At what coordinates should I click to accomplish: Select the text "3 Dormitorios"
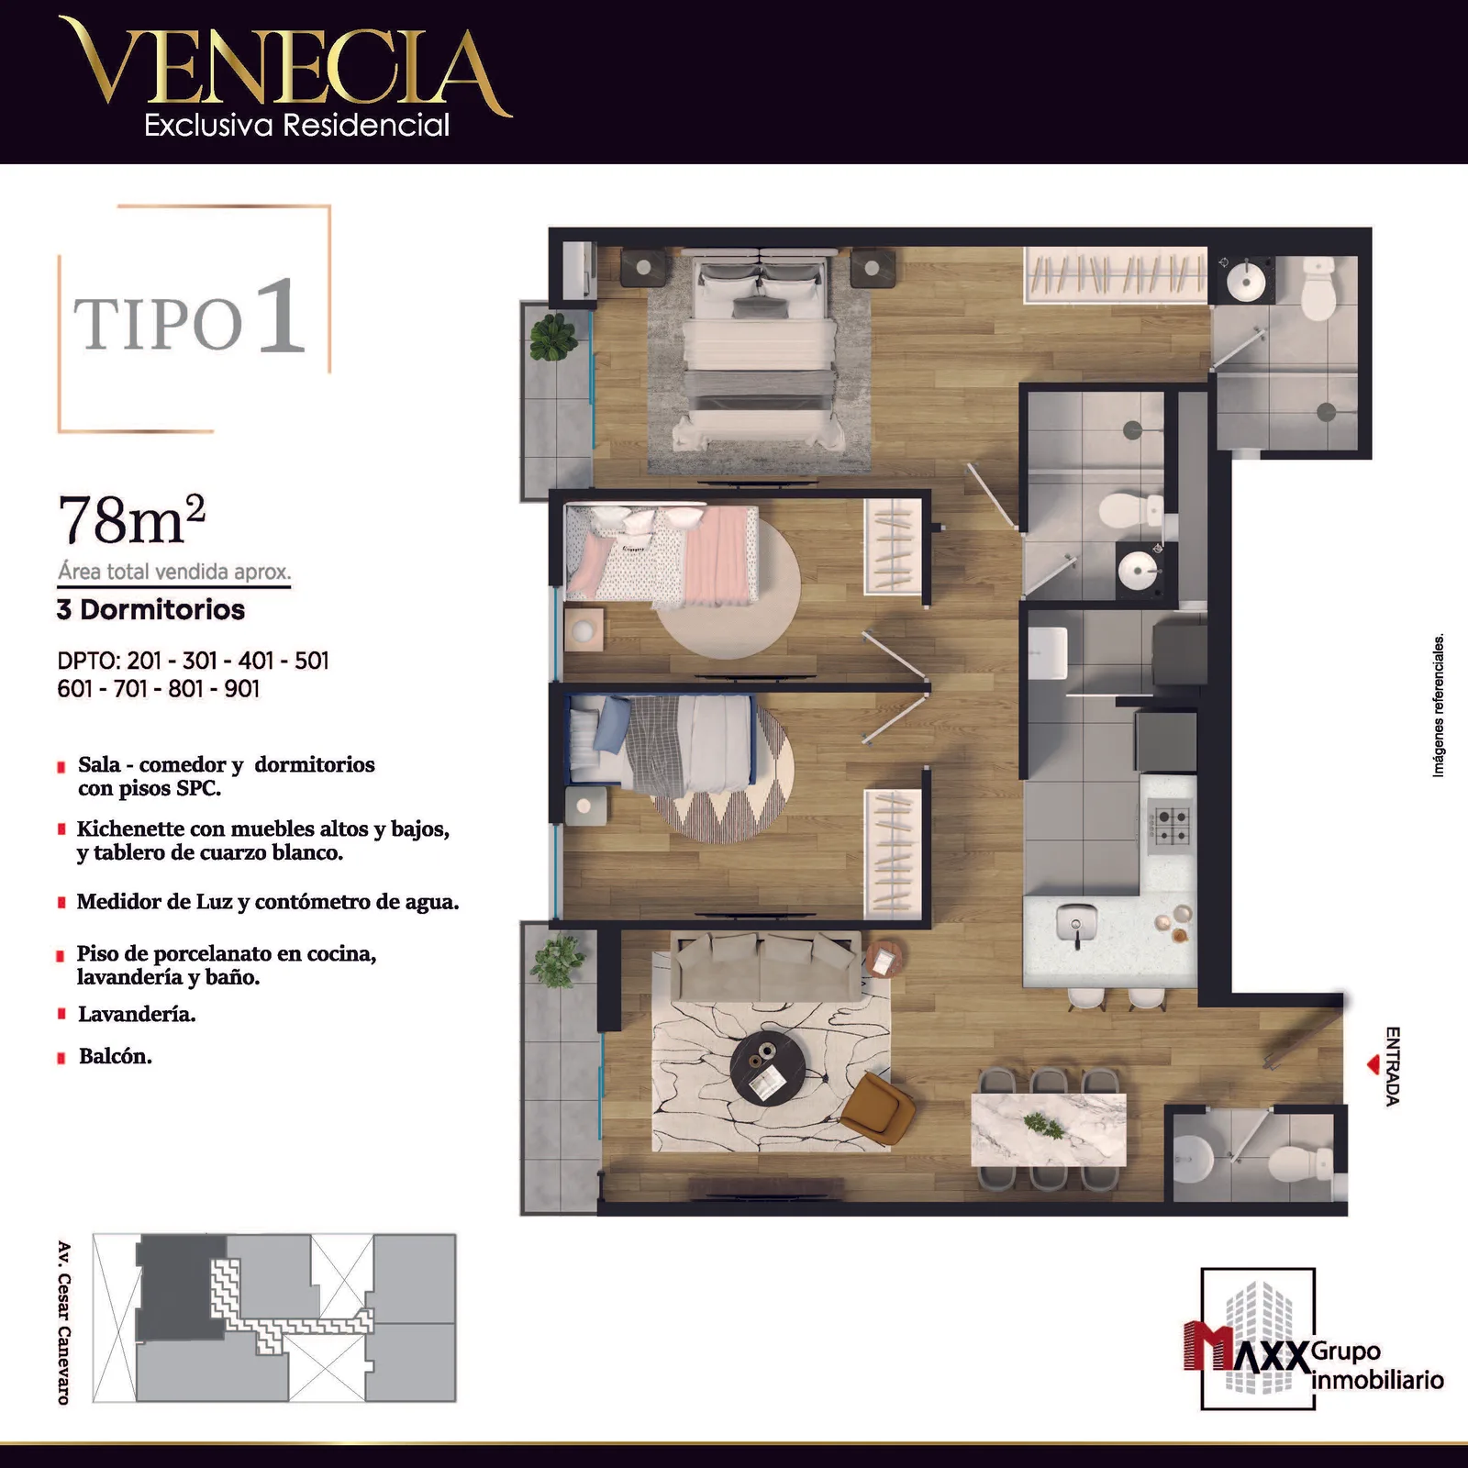pos(150,609)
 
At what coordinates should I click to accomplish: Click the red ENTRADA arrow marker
pos(1373,1065)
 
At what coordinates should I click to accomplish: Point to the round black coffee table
pos(768,1069)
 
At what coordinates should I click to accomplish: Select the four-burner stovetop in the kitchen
pos(1169,825)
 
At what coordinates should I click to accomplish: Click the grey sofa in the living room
pos(766,966)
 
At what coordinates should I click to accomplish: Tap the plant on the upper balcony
pos(553,337)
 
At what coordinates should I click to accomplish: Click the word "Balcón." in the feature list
pos(116,1056)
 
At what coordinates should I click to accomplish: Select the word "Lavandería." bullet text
pos(137,1014)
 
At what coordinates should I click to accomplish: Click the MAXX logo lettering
pos(1247,1349)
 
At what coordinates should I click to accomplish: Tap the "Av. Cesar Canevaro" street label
pos(64,1323)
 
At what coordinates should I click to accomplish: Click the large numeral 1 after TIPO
pos(280,316)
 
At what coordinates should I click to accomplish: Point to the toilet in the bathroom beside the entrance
pos(1300,1163)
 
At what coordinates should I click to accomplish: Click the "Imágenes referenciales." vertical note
pos(1438,705)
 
